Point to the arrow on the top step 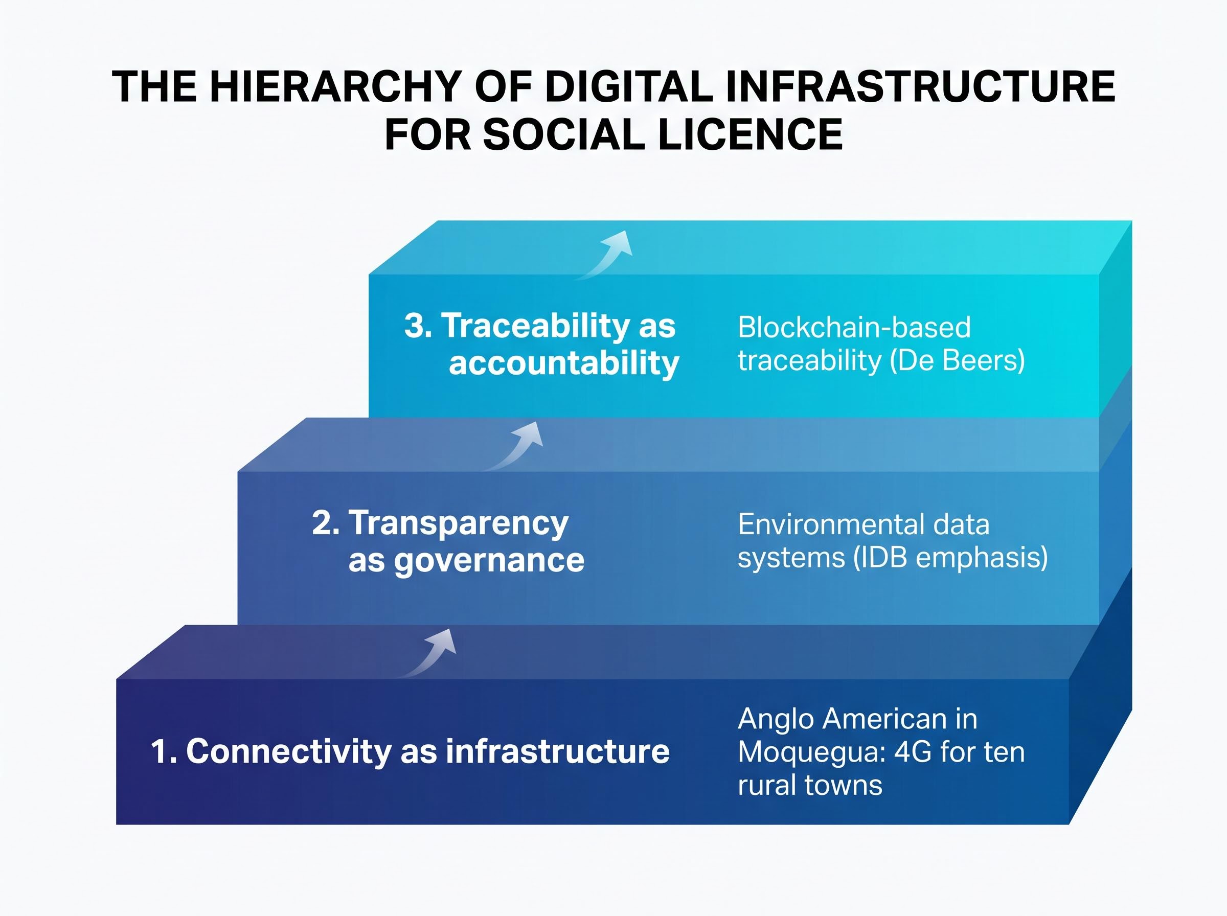point(607,255)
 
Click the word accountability point(564,364)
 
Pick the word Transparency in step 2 point(459,523)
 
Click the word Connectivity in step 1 point(289,751)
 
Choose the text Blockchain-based point(854,327)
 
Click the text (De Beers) point(957,360)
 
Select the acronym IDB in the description point(881,557)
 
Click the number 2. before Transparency point(326,522)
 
